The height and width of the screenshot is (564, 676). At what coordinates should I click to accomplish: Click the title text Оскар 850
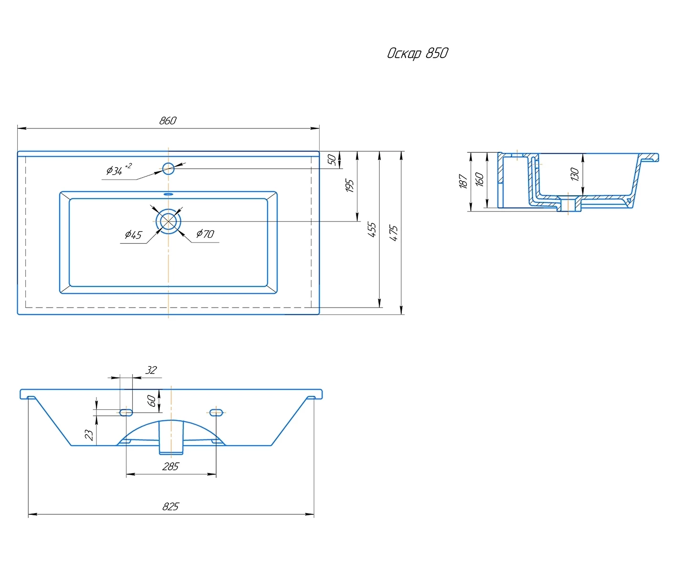pos(417,53)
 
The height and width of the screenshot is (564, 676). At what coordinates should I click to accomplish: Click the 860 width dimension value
pos(168,120)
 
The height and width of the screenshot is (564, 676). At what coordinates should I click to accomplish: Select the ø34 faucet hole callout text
pos(119,170)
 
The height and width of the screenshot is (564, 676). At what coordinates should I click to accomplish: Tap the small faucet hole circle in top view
pos(168,169)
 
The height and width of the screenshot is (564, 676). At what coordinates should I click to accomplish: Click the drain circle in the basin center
pos(168,221)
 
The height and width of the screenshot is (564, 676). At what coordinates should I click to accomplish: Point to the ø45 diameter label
pos(134,234)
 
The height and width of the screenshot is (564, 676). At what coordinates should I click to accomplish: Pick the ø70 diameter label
pos(205,234)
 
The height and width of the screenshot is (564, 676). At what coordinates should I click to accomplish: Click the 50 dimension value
pos(332,160)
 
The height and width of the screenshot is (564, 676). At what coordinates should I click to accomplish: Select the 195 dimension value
pos(350,185)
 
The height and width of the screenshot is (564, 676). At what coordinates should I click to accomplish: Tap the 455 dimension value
pos(372,230)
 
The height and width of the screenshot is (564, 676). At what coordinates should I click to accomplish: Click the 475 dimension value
pos(394,233)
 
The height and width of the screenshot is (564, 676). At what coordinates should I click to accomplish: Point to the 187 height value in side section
pos(463,181)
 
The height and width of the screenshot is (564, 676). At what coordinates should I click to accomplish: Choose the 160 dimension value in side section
pos(479,179)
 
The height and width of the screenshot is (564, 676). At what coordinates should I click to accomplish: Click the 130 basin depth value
pos(575,174)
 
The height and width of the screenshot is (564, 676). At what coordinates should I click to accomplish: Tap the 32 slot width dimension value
pos(151,370)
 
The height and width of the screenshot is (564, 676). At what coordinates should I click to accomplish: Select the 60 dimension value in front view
pos(152,401)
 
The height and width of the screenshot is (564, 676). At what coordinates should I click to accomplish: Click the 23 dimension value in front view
pos(89,435)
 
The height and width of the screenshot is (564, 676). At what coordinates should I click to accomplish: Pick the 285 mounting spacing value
pos(171,467)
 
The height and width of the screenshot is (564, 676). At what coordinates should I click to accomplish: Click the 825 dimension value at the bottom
pos(171,506)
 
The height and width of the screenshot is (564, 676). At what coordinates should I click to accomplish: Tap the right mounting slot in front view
pos(216,412)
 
